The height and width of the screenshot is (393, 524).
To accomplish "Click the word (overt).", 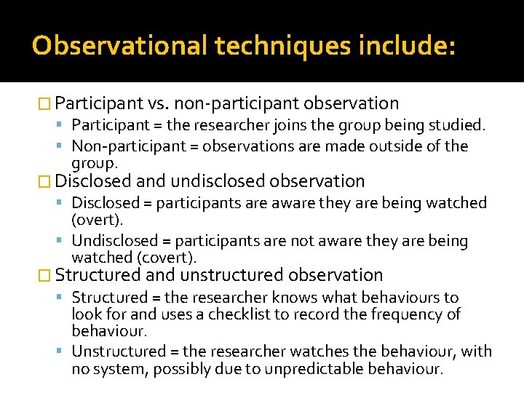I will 97,219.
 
